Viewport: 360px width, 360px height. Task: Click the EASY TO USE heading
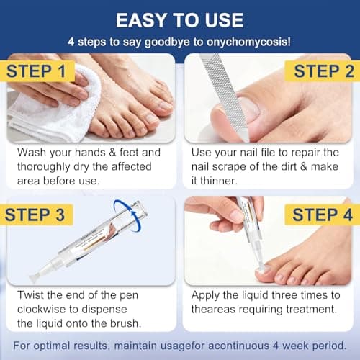[179, 19]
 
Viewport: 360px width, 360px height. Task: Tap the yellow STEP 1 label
[42, 72]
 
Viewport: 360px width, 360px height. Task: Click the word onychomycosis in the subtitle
[245, 42]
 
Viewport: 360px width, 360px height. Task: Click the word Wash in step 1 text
[32, 153]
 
